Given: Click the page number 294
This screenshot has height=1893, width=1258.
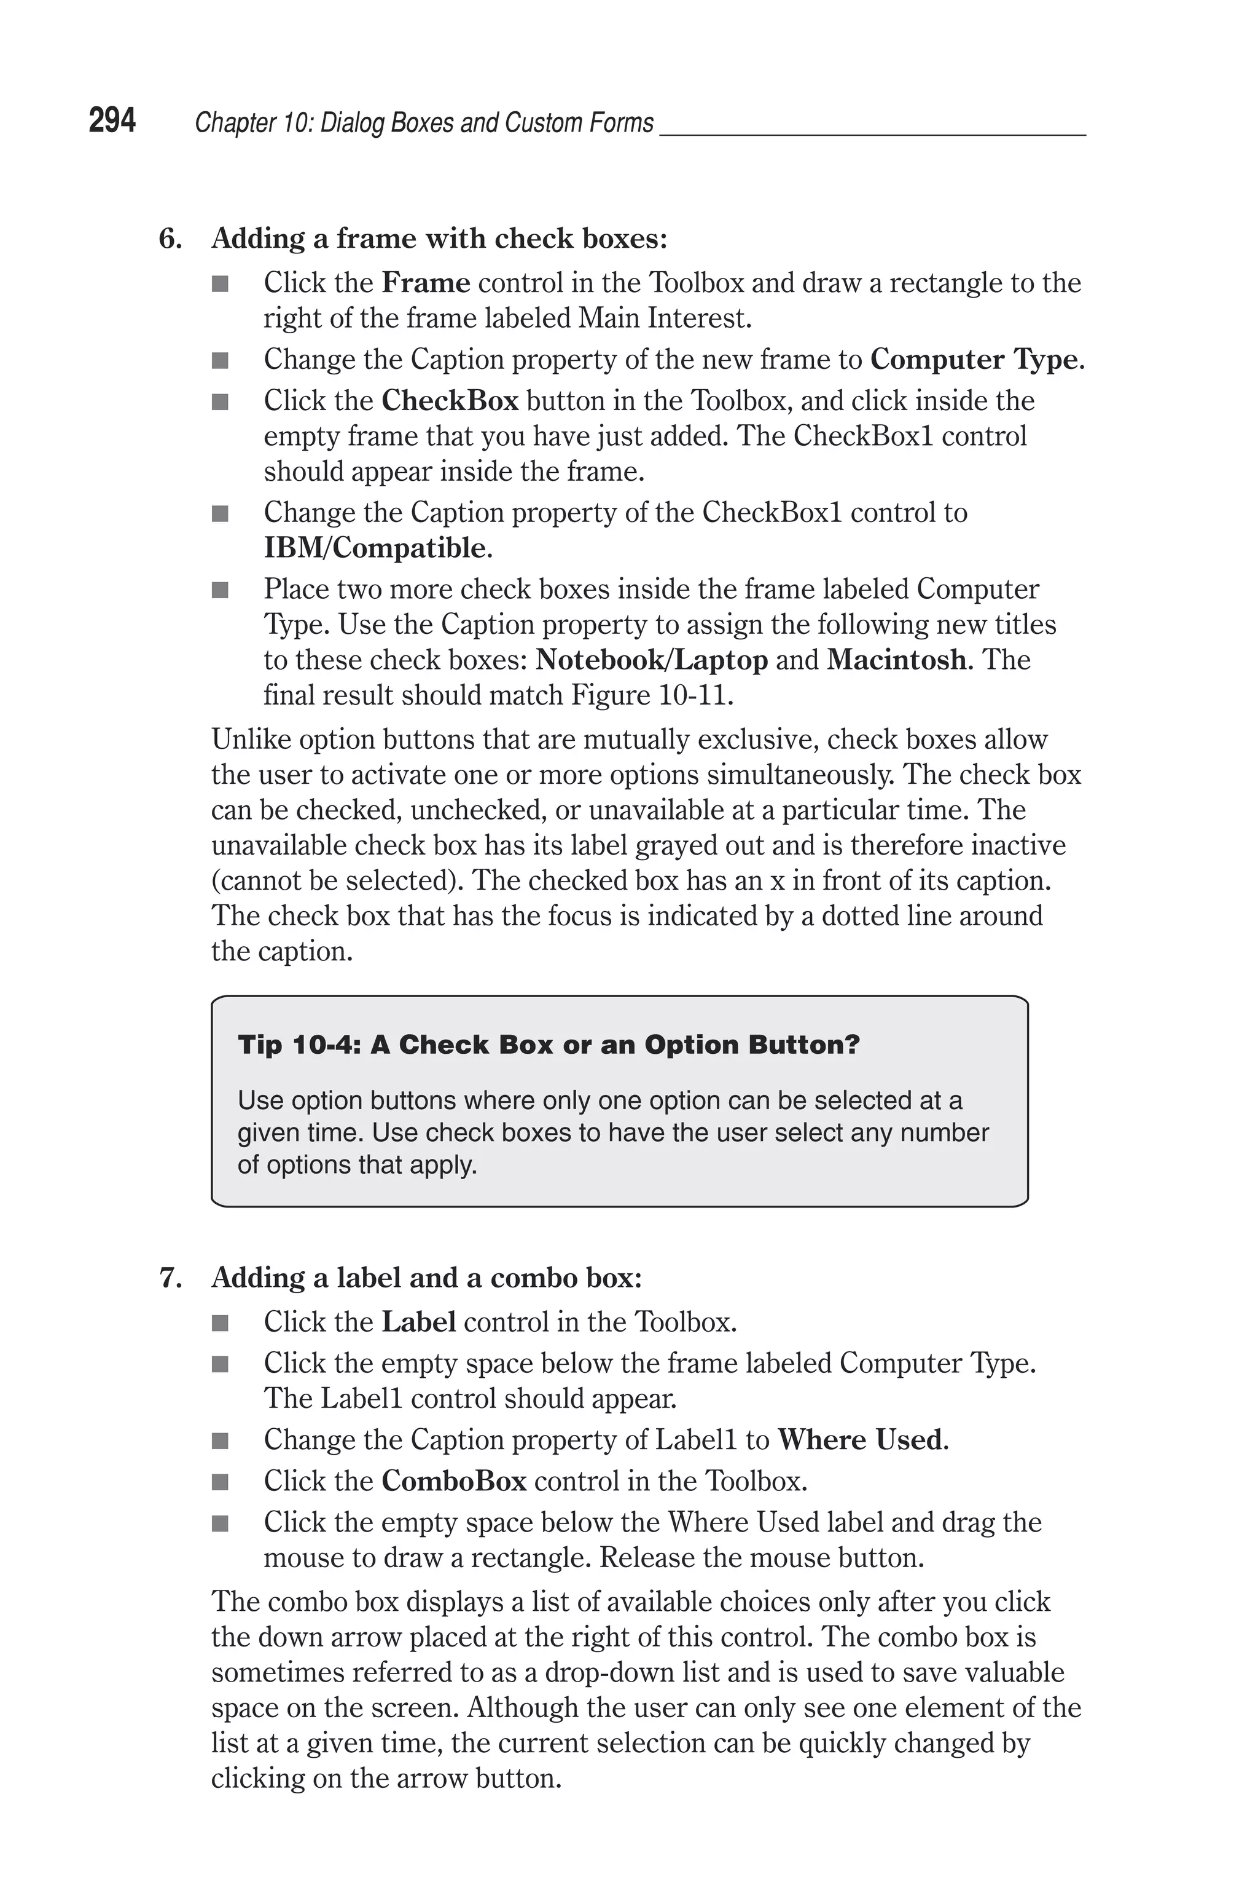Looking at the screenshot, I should point(112,121).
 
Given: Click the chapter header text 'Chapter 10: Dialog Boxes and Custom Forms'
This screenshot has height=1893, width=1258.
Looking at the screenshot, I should point(424,123).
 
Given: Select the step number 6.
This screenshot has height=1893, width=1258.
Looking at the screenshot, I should point(170,239).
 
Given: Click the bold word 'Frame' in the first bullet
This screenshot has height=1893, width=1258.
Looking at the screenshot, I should point(425,283).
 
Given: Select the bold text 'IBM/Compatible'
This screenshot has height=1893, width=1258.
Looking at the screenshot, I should point(375,548).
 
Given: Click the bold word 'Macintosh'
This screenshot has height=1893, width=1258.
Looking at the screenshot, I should point(896,660).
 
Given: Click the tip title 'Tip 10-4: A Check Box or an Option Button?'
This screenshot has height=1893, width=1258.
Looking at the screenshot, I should point(549,1045).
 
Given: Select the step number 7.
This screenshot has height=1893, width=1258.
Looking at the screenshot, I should point(170,1278).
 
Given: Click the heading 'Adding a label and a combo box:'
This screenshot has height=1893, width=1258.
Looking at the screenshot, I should point(426,1278).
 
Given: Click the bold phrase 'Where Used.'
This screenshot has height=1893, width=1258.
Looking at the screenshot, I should point(862,1440).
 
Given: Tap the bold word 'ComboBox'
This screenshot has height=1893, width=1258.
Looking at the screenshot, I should point(453,1481).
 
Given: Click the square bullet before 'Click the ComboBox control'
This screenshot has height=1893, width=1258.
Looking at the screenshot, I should point(220,1482).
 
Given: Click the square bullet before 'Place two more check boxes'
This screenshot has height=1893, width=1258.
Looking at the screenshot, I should point(220,591).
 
